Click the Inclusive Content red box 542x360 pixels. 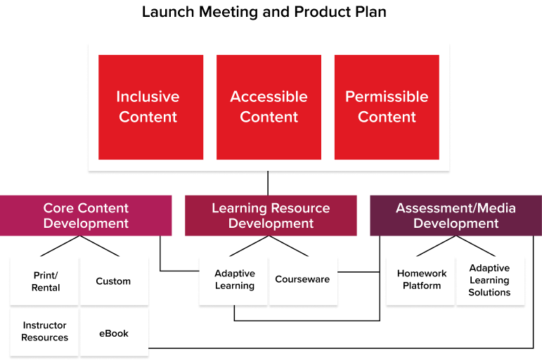(x=150, y=107)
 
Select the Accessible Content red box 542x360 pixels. (x=269, y=107)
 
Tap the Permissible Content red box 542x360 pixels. (x=387, y=107)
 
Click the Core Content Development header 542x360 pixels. (x=86, y=216)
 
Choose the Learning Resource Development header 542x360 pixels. (x=271, y=216)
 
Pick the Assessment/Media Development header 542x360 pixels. (x=456, y=216)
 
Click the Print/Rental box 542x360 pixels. (x=44, y=281)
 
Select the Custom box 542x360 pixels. (x=115, y=281)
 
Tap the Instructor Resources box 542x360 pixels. (x=44, y=332)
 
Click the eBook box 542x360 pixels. (x=115, y=332)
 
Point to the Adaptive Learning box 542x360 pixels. (x=233, y=281)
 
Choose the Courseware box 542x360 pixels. (x=304, y=281)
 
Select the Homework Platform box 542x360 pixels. (x=420, y=281)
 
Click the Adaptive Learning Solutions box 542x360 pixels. (x=491, y=281)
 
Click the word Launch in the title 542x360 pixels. (x=168, y=12)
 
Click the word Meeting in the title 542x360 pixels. (x=228, y=13)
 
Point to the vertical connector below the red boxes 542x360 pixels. (x=268, y=184)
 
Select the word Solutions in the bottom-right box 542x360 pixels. (x=489, y=292)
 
